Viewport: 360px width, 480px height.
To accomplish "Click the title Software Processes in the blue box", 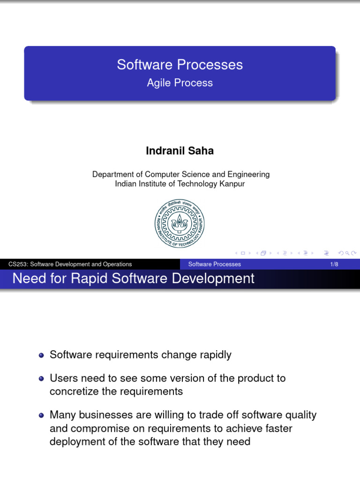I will point(180,65).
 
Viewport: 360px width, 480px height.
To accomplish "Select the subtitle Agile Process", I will point(180,83).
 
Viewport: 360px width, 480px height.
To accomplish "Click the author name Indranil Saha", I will point(180,151).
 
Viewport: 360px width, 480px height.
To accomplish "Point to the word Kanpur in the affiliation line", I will point(232,184).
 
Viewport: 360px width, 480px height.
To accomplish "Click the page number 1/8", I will point(334,264).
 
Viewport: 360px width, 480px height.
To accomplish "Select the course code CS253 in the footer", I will point(17,264).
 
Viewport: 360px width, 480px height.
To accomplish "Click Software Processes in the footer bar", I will point(214,264).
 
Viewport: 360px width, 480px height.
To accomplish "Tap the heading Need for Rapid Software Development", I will point(134,278).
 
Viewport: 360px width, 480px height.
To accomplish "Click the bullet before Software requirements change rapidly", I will point(42,355).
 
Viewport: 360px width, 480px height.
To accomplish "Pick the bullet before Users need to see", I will point(42,379).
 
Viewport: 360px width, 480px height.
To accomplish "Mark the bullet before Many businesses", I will point(42,415).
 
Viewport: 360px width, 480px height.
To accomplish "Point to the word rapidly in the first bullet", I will point(215,355).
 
